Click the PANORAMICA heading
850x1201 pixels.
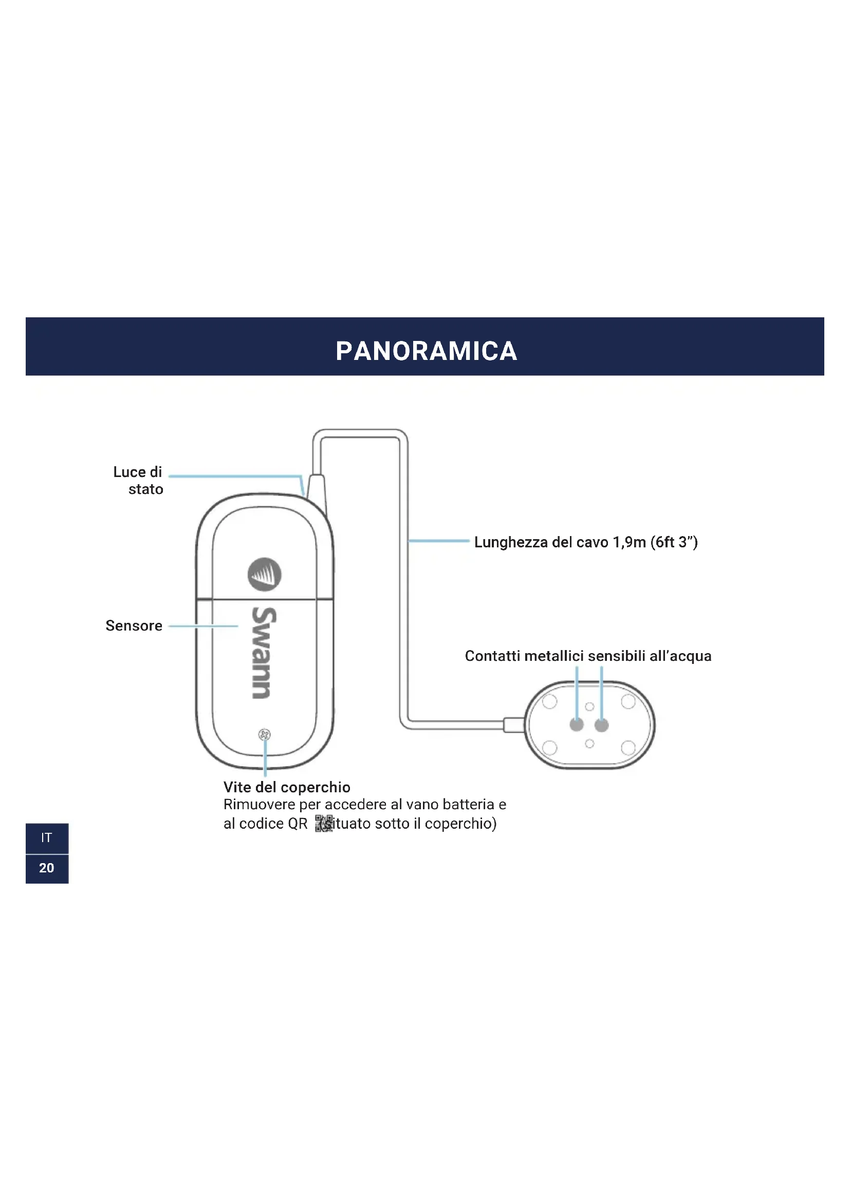426,351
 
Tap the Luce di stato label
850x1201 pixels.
139,480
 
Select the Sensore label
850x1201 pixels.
134,625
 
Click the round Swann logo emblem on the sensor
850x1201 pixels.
264,575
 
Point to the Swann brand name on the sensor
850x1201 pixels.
263,652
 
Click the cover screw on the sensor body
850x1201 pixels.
264,735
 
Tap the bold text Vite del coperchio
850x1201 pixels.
287,787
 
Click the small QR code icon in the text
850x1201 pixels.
323,823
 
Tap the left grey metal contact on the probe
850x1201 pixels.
576,725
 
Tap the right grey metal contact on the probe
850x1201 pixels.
601,725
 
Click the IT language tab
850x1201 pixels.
47,838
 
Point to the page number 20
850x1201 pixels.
47,868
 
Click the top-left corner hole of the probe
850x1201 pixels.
549,701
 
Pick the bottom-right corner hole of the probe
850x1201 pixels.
628,748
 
